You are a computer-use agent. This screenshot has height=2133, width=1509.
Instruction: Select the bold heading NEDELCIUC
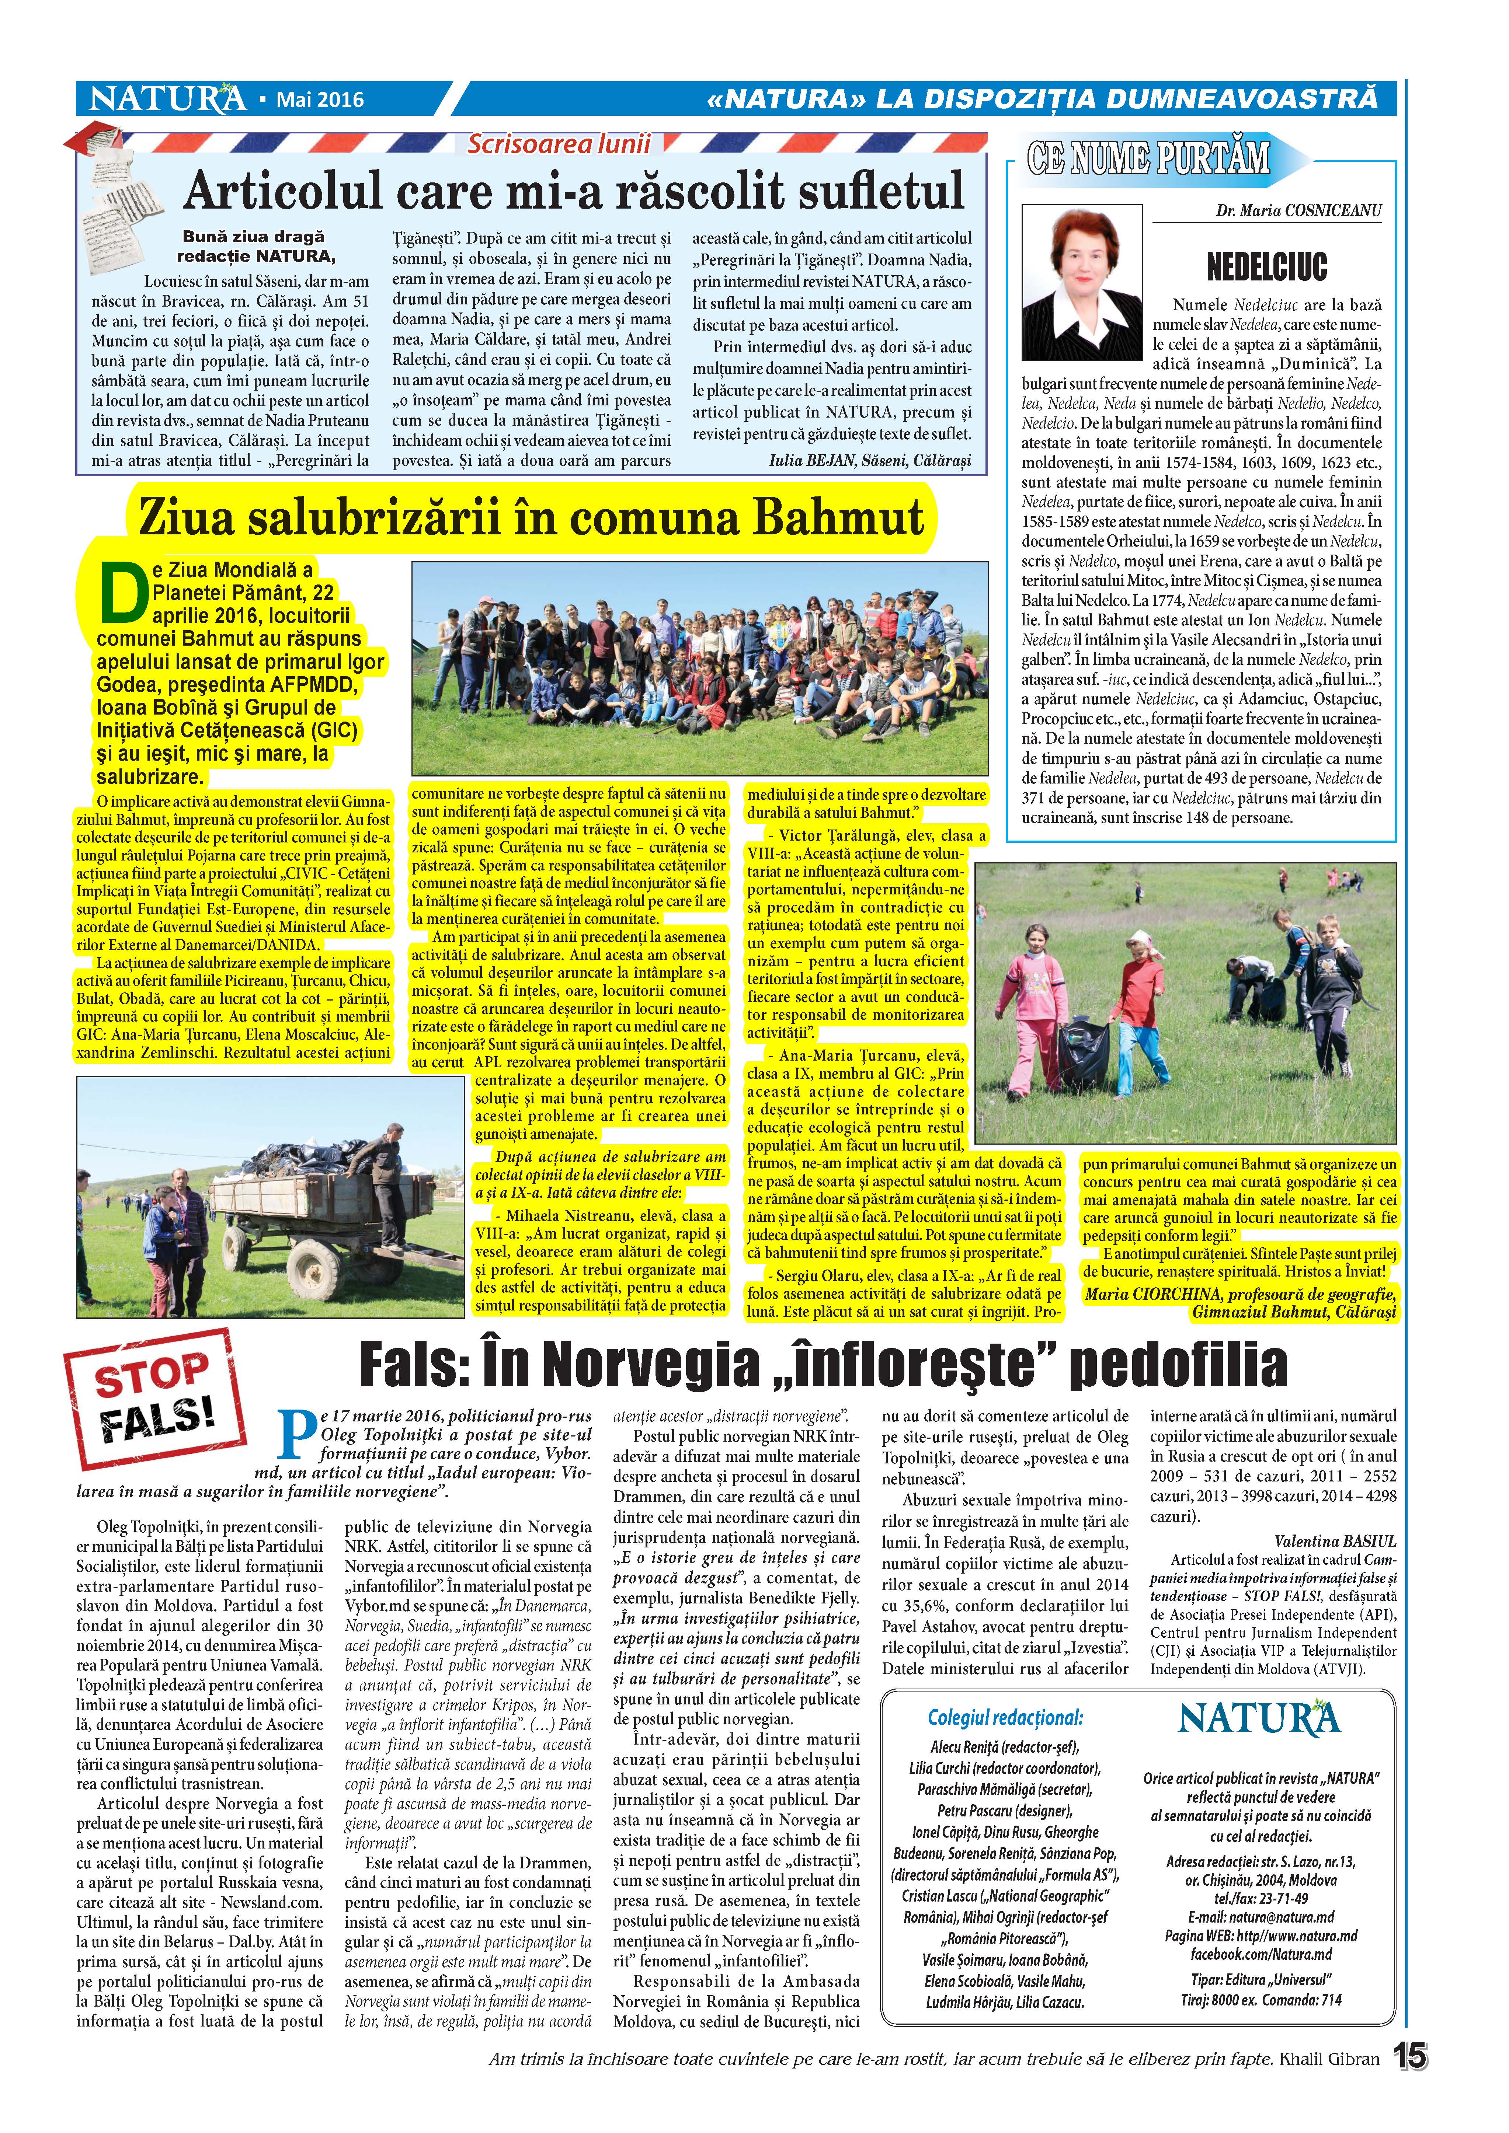[x=1266, y=268]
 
